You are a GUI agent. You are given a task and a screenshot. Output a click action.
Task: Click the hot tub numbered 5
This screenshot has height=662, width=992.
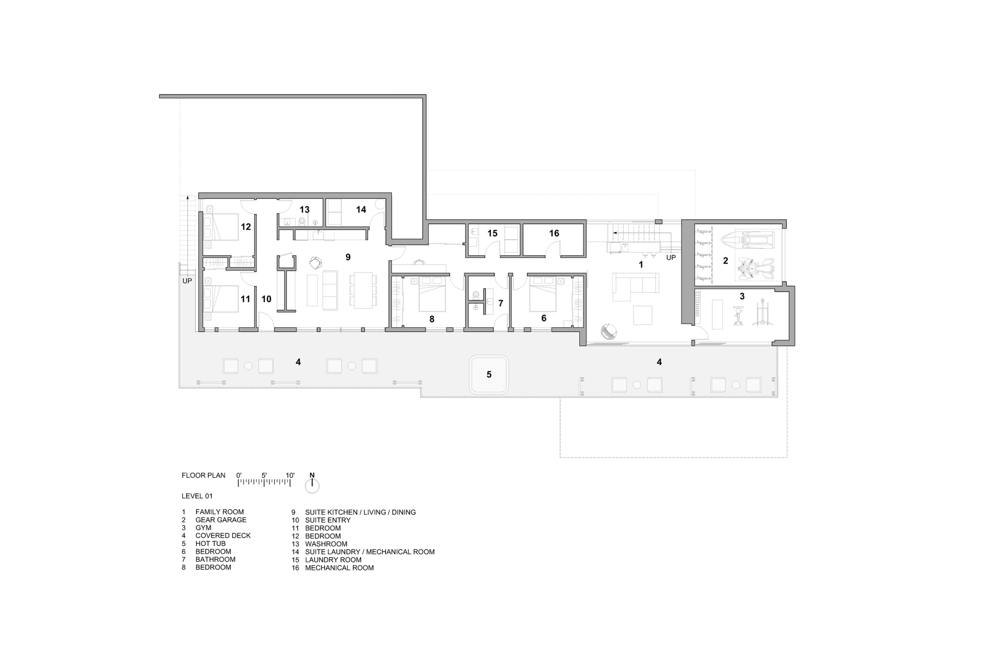click(489, 374)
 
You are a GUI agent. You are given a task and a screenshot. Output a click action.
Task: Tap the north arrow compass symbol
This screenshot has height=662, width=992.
click(312, 485)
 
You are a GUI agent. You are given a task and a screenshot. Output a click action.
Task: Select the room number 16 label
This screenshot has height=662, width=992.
click(554, 233)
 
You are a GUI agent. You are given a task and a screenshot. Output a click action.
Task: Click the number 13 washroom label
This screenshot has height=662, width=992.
click(305, 210)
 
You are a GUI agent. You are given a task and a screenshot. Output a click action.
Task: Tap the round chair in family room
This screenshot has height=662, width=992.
click(609, 331)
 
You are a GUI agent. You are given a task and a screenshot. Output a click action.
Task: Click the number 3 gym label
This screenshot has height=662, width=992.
click(742, 297)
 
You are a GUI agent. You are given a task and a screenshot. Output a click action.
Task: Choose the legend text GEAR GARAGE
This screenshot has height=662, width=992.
click(221, 520)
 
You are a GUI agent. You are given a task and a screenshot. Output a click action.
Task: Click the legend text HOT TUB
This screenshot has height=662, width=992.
click(210, 543)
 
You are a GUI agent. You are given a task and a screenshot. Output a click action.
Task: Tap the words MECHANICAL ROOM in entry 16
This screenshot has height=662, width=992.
click(339, 568)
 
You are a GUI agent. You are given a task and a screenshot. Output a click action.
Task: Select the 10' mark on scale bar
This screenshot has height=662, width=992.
click(290, 476)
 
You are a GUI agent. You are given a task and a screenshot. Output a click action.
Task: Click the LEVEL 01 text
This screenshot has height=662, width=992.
click(197, 496)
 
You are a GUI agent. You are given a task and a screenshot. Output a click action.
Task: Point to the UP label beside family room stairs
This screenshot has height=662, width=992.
click(671, 258)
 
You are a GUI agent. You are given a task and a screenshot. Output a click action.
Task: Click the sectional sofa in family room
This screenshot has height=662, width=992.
click(635, 285)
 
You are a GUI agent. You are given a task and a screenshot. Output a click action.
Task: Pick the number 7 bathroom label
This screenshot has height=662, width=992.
click(500, 303)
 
